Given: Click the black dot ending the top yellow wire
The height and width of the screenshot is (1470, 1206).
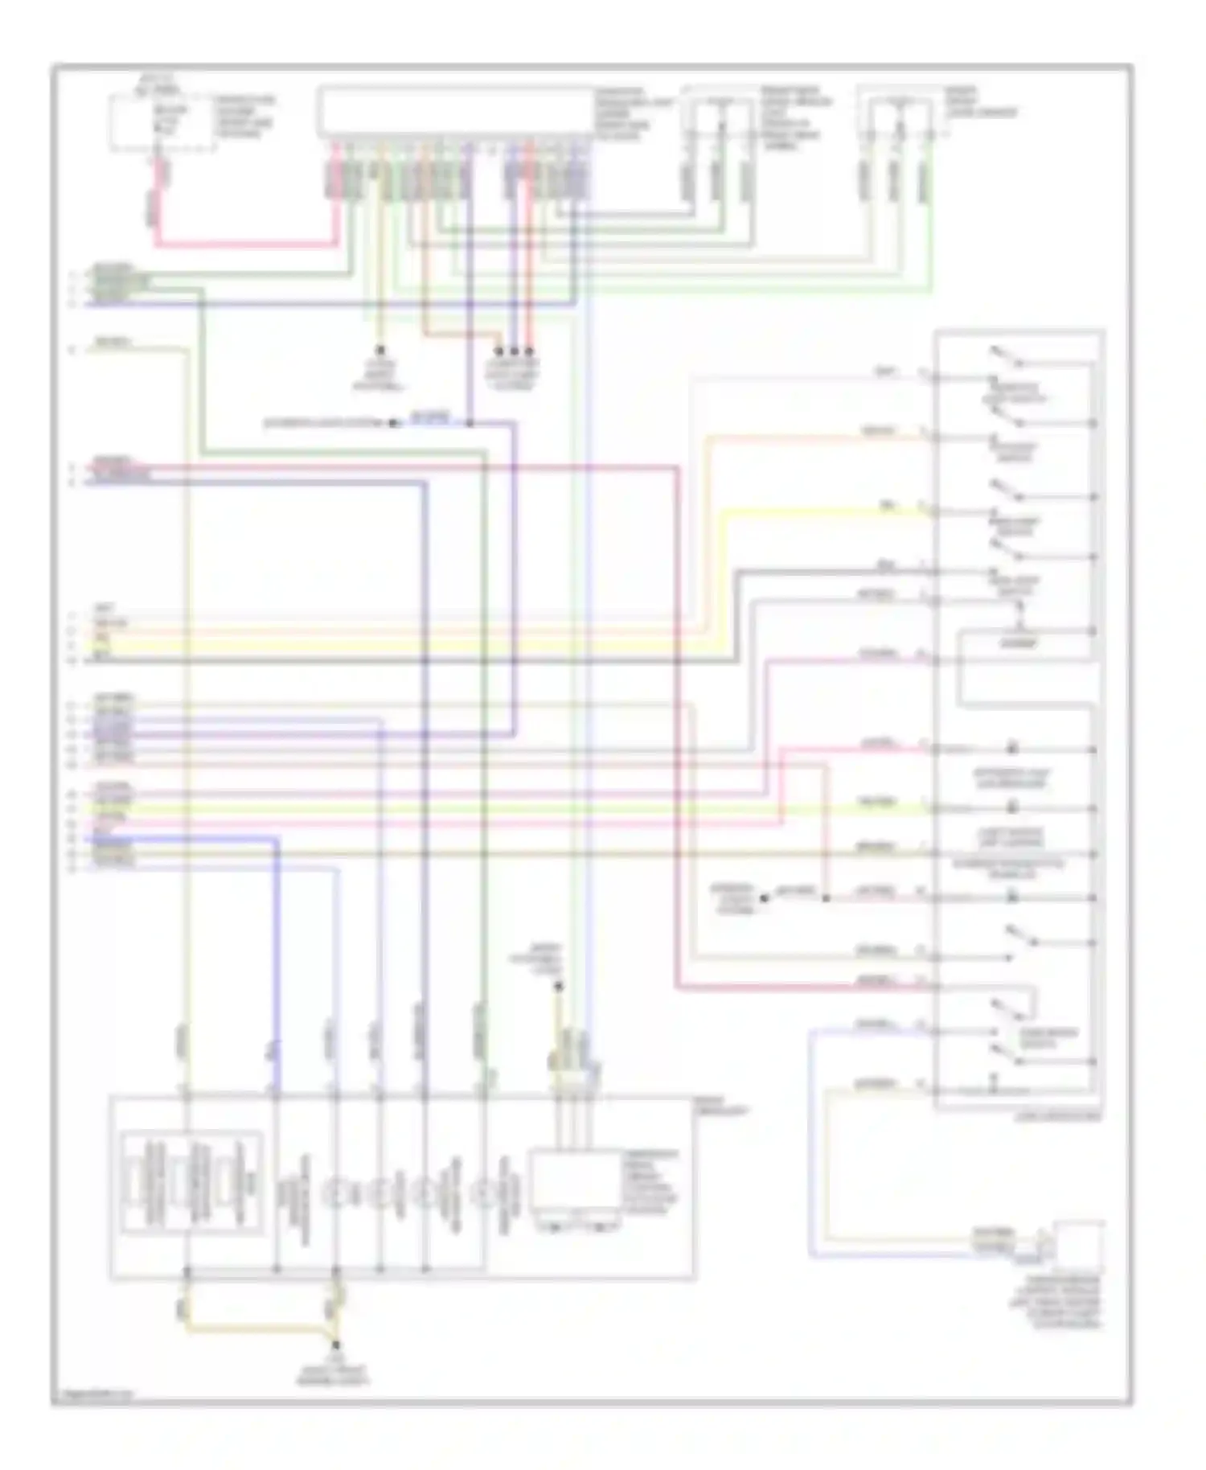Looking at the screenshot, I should coord(381,351).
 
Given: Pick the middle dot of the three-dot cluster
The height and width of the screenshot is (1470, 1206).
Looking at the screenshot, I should coord(514,351).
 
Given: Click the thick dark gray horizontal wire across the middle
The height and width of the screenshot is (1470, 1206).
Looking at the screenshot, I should coord(402,661).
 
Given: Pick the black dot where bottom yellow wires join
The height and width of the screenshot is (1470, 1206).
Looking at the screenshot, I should coord(335,1344).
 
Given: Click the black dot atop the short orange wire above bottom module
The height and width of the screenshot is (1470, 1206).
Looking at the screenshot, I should coord(559,986).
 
